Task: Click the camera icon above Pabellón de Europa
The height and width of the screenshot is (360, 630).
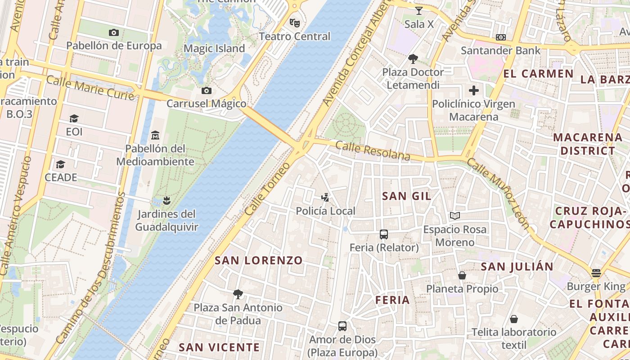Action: (x=114, y=32)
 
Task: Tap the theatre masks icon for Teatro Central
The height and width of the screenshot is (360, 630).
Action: (x=295, y=22)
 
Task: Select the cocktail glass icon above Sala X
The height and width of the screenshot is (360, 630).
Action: (x=419, y=11)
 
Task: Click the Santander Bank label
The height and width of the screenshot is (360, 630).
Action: (x=500, y=50)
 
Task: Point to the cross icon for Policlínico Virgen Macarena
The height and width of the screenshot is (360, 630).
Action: (x=473, y=90)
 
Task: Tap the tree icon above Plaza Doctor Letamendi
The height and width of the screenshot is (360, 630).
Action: (x=413, y=58)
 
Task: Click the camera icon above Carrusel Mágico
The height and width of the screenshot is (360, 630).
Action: (x=207, y=90)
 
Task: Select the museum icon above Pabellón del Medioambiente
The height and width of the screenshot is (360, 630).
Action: (x=155, y=135)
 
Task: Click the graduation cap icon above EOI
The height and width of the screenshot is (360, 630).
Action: (x=74, y=118)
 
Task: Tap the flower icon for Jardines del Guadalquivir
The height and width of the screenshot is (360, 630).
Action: (x=166, y=200)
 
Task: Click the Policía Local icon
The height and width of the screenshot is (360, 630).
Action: (x=325, y=198)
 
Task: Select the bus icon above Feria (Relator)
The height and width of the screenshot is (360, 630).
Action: (x=384, y=234)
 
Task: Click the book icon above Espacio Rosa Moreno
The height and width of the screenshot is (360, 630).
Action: (x=455, y=216)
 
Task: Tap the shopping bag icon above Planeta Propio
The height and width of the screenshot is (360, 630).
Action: (x=462, y=275)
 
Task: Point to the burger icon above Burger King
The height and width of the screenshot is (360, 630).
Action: (x=596, y=273)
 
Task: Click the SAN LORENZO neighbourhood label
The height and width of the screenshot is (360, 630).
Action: (x=259, y=261)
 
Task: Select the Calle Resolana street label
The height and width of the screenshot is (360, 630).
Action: (x=373, y=151)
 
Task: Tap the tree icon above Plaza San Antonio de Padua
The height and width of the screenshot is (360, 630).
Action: (x=238, y=294)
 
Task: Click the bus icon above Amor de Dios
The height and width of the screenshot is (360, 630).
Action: (x=342, y=326)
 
